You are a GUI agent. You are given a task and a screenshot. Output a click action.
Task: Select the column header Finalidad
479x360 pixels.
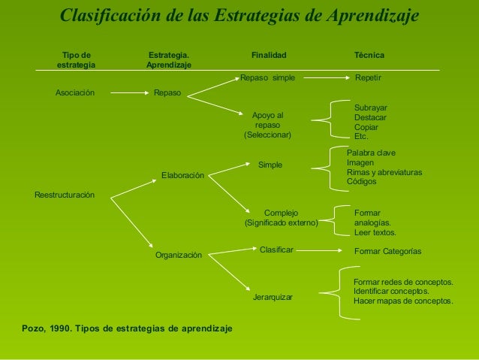[x=268, y=56]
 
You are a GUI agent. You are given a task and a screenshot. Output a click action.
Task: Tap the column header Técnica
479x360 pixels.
[x=369, y=56]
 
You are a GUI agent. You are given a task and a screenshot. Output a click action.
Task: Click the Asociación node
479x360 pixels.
[x=75, y=93]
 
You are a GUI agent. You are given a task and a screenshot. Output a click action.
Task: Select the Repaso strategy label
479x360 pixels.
[x=166, y=93]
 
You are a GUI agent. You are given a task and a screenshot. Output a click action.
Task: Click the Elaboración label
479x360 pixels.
[x=182, y=176]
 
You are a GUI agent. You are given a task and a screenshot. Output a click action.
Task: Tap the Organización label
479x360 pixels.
[x=178, y=256]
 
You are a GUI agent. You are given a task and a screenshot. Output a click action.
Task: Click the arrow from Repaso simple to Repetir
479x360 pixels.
[x=323, y=77]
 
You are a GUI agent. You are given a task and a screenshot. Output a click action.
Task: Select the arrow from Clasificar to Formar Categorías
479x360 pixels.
[x=323, y=250]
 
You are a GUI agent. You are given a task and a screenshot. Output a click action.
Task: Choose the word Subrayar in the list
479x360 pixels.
[x=370, y=108]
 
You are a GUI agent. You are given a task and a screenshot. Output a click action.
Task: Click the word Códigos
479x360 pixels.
[x=362, y=181]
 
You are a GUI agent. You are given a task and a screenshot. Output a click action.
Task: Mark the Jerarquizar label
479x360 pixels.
[x=273, y=298]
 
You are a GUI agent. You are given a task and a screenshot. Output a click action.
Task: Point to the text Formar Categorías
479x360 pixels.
[x=387, y=251]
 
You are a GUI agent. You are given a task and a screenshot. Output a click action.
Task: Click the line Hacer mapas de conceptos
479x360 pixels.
[x=403, y=301]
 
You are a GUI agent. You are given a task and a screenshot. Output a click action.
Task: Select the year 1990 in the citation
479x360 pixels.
[x=59, y=328]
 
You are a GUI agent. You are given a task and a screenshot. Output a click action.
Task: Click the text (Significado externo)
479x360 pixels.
[x=282, y=223]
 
